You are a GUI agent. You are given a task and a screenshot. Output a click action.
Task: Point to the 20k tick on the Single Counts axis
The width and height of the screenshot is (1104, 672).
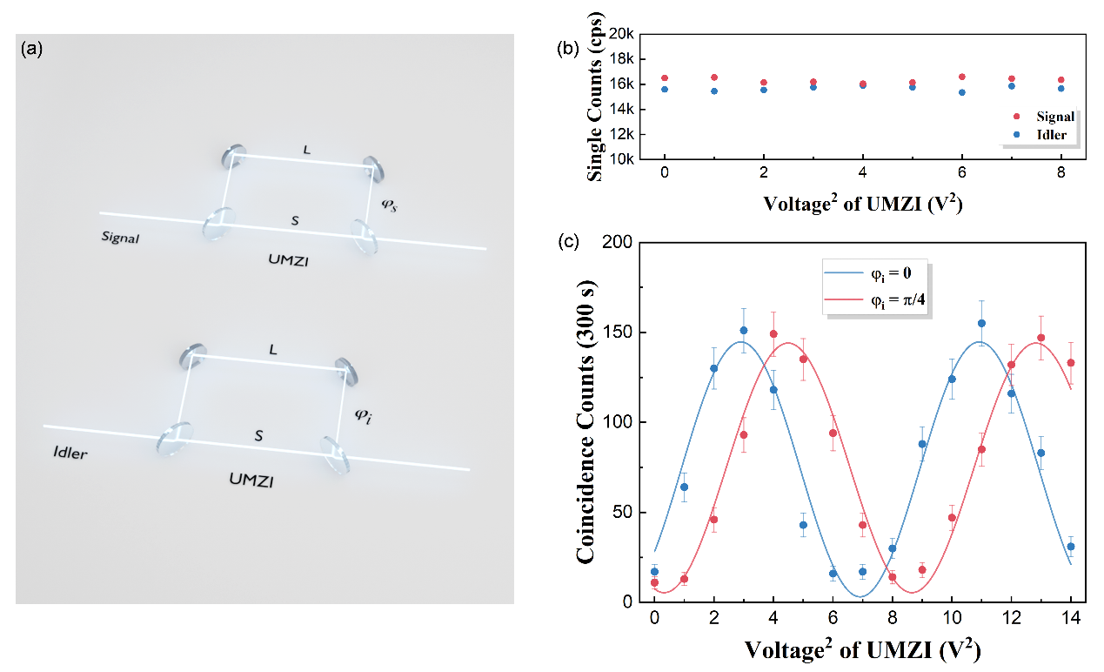(619, 34)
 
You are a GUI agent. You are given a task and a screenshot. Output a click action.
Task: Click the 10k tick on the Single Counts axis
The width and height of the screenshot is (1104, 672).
(619, 160)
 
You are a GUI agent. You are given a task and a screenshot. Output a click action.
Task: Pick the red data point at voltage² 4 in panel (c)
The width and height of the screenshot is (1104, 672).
(773, 333)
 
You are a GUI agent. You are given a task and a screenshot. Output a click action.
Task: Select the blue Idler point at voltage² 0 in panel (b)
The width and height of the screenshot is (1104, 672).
(665, 89)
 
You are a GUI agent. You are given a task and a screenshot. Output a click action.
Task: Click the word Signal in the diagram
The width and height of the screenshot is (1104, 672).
(120, 237)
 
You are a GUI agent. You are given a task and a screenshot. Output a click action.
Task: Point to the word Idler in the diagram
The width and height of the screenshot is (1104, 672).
(70, 453)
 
